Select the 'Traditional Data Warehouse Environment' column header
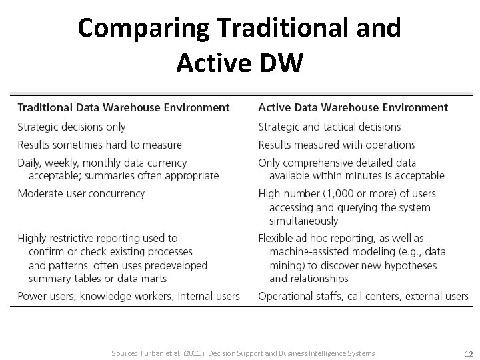click(123, 107)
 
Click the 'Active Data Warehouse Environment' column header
click(353, 107)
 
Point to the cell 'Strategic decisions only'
click(71, 127)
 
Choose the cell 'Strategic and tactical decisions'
click(329, 127)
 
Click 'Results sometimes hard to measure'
click(99, 145)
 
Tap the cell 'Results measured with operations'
click(337, 145)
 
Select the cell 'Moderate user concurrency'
click(81, 194)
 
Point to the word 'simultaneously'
click(303, 221)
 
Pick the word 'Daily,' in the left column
click(31, 163)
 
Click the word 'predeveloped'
click(175, 265)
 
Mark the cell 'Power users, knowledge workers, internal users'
click(129, 296)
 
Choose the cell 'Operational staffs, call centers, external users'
click(363, 296)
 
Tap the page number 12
click(468, 354)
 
